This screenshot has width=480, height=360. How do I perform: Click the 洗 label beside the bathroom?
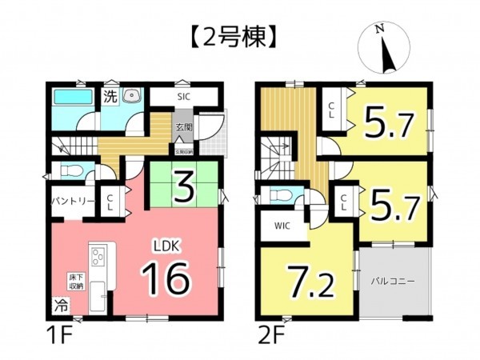pos(110,97)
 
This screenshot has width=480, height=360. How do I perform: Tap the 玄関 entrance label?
pos(182,126)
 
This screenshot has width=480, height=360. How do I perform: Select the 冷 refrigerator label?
pos(60,305)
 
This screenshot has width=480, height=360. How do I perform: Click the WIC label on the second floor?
pos(282,226)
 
